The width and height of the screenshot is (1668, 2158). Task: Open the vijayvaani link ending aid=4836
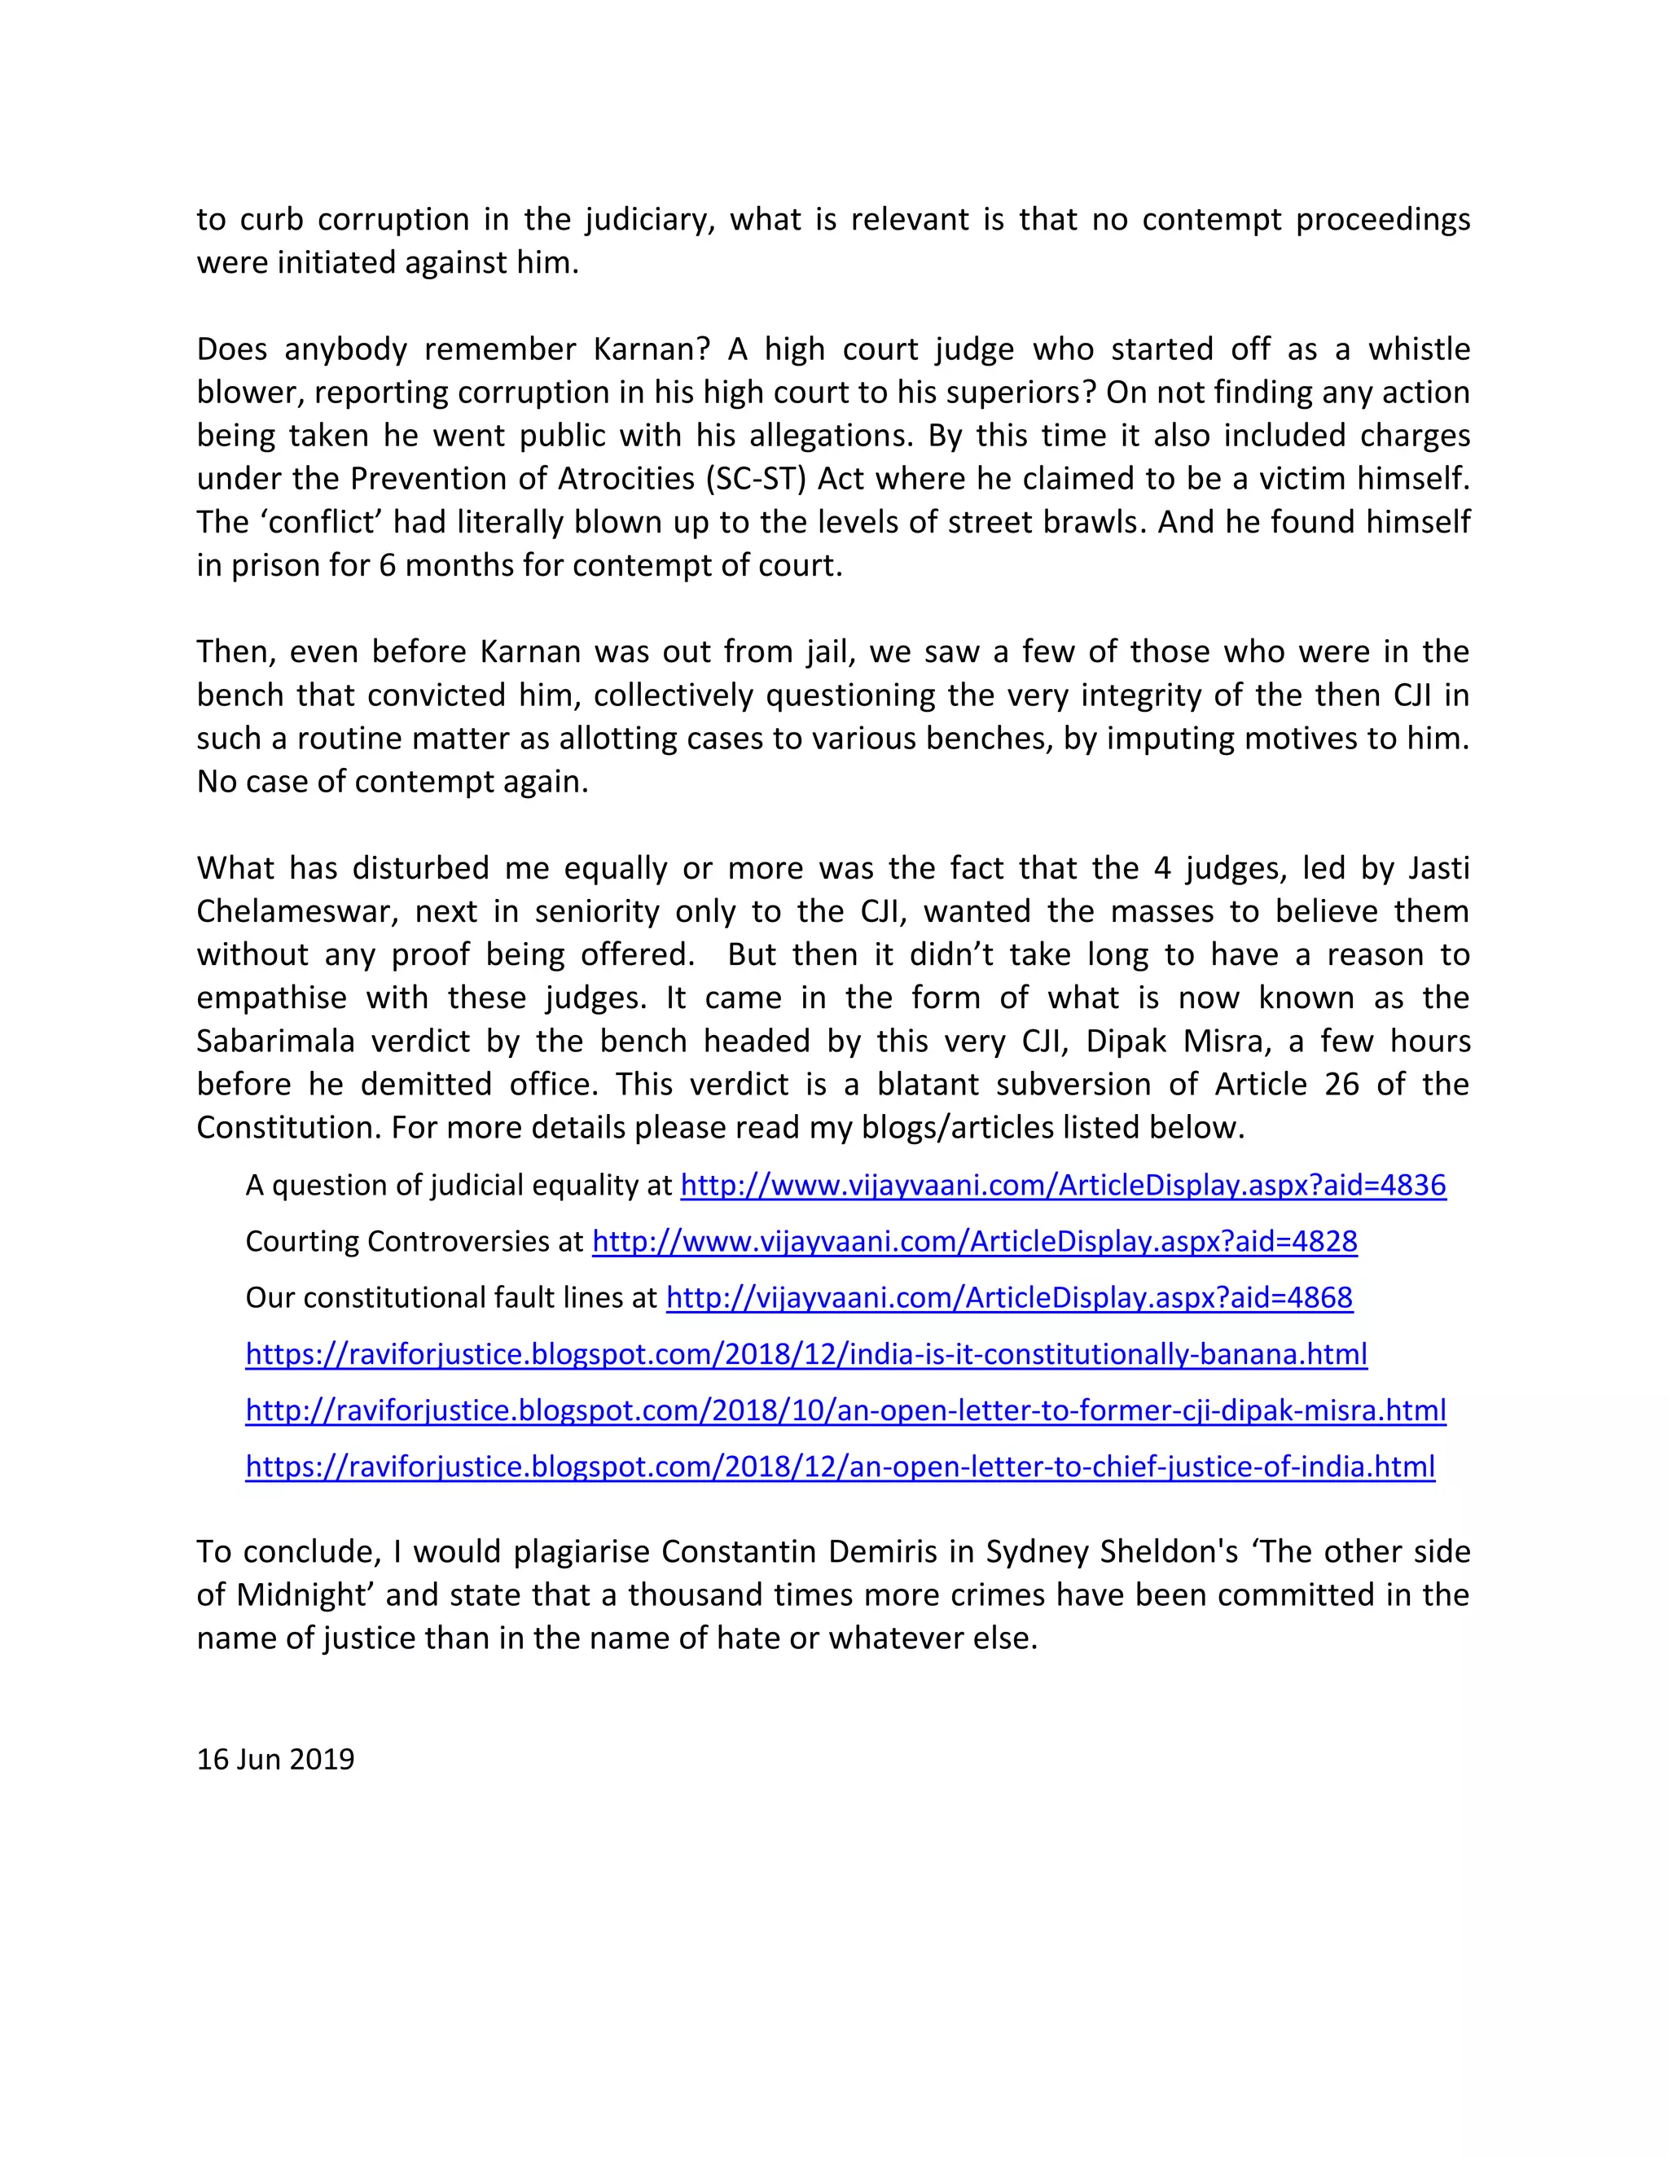coord(1063,1185)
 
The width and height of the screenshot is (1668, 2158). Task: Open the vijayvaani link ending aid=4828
coord(974,1241)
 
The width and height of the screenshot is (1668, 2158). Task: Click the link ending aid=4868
coord(1009,1297)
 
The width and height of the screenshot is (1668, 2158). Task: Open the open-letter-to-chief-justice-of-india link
coord(840,1467)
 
